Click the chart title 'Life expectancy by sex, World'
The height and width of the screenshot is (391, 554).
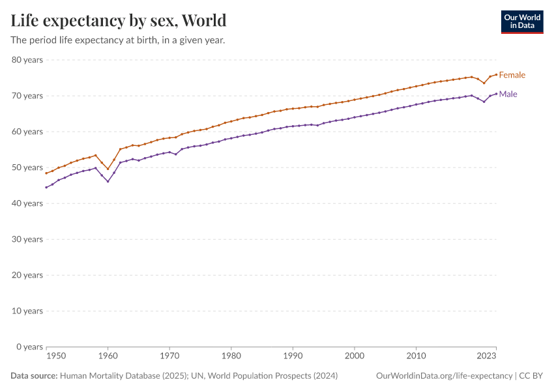point(119,20)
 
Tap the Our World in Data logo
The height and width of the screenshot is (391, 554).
point(521,22)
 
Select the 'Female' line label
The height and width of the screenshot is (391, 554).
point(512,75)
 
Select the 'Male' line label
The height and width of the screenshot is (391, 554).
point(508,94)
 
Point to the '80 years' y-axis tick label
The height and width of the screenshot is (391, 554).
point(27,60)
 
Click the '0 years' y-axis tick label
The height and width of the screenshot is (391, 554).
point(29,347)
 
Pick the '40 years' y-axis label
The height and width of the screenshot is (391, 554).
point(27,203)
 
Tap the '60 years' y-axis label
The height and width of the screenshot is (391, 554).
point(27,132)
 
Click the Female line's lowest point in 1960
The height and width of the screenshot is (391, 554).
point(108,169)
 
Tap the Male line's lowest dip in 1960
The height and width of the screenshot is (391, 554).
point(108,181)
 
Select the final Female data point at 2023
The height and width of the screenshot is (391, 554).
point(496,74)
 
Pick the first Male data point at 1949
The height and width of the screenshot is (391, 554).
point(46,187)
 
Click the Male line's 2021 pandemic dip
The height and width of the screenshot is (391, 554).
point(484,102)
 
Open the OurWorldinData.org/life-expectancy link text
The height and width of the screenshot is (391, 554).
point(444,376)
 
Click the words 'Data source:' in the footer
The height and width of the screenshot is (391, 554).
point(34,376)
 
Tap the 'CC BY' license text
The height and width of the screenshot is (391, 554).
point(531,376)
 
